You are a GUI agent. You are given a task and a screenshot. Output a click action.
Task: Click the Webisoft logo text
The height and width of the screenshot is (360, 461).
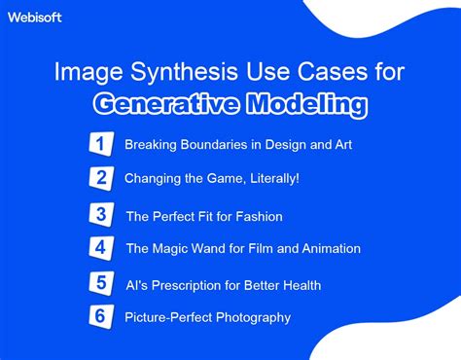(36, 18)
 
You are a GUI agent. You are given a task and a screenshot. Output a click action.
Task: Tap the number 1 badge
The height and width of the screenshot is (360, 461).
(100, 144)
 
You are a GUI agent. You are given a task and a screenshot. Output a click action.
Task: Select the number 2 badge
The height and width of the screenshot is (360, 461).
(100, 178)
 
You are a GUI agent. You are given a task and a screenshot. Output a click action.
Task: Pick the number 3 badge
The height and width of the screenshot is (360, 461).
(101, 214)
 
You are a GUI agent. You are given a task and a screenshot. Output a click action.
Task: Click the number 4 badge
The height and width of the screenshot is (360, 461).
(101, 248)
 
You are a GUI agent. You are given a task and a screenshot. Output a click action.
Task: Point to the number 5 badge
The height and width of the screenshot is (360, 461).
(101, 283)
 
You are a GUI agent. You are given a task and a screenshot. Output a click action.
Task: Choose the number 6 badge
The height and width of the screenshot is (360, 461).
(101, 317)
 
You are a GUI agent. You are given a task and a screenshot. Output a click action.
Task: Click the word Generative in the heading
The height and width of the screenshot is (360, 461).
(163, 104)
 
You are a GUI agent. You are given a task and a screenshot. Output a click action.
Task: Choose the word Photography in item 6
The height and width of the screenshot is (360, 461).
(250, 318)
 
